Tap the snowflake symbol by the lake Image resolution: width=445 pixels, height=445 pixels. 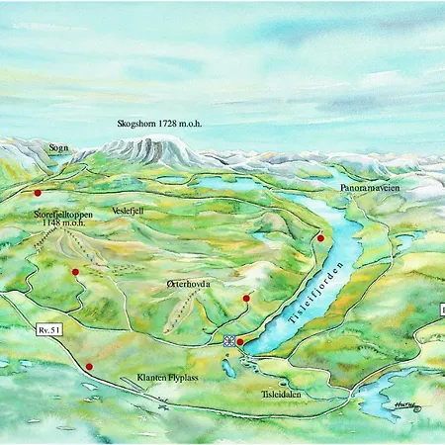[229, 341]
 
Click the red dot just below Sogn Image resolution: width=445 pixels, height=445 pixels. [38, 193]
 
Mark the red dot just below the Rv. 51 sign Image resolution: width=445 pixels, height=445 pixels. [89, 367]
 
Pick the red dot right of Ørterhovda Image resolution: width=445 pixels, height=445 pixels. [246, 298]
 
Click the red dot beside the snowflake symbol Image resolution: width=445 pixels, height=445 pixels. [240, 342]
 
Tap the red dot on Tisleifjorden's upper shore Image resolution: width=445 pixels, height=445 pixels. [320, 238]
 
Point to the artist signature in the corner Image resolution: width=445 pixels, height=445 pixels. [403, 405]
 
